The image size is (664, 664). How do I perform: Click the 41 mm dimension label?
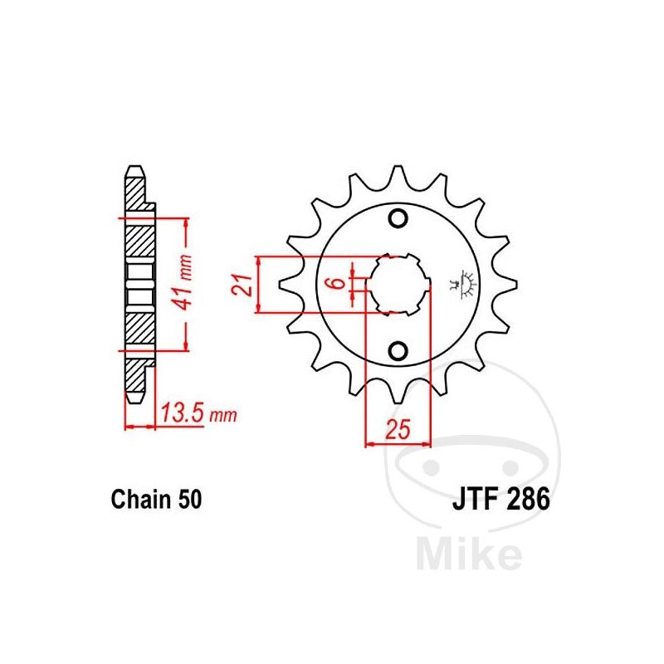tap(185, 283)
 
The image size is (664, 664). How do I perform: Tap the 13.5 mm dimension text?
tap(198, 413)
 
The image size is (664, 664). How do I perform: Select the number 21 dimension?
tap(242, 285)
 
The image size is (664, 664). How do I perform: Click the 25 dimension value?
tap(398, 429)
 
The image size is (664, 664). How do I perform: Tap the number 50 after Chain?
tap(190, 500)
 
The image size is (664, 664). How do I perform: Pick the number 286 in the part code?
tap(526, 499)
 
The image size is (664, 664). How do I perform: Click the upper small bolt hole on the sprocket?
tap(398, 218)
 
